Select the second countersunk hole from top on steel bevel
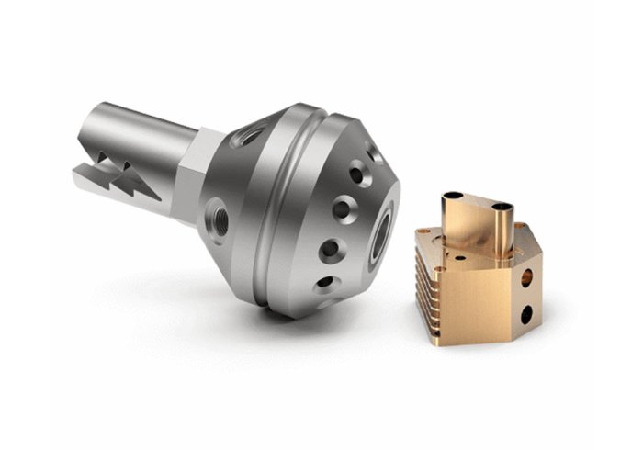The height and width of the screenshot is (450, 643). [343, 209]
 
